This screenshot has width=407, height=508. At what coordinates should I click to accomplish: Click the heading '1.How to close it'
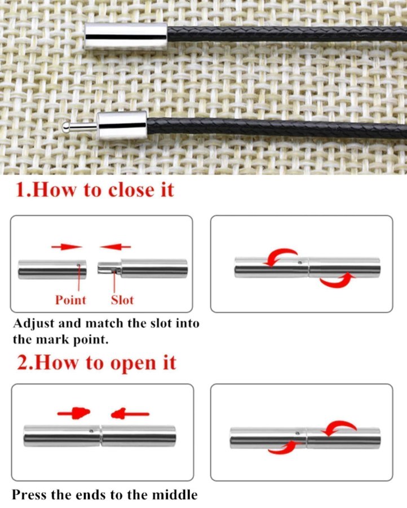pos(95,190)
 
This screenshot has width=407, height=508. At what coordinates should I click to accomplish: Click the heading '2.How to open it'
pos(96,362)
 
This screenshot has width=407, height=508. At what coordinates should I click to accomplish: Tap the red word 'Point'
pos(70,300)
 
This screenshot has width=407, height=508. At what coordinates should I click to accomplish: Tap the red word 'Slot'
pos(122,300)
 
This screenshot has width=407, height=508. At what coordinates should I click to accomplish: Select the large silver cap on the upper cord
pos(126,36)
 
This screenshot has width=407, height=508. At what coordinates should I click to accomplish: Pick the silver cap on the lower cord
pos(123,125)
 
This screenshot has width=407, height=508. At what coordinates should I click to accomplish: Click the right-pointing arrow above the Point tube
pos(67,247)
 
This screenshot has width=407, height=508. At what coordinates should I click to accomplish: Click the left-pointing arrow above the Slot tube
pos(115,247)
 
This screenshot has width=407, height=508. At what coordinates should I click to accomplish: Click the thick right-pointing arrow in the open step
pos(74,413)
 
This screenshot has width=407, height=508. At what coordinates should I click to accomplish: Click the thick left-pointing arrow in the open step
pos(130,414)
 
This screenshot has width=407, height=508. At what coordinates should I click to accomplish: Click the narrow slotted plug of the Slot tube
pos(109,268)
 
